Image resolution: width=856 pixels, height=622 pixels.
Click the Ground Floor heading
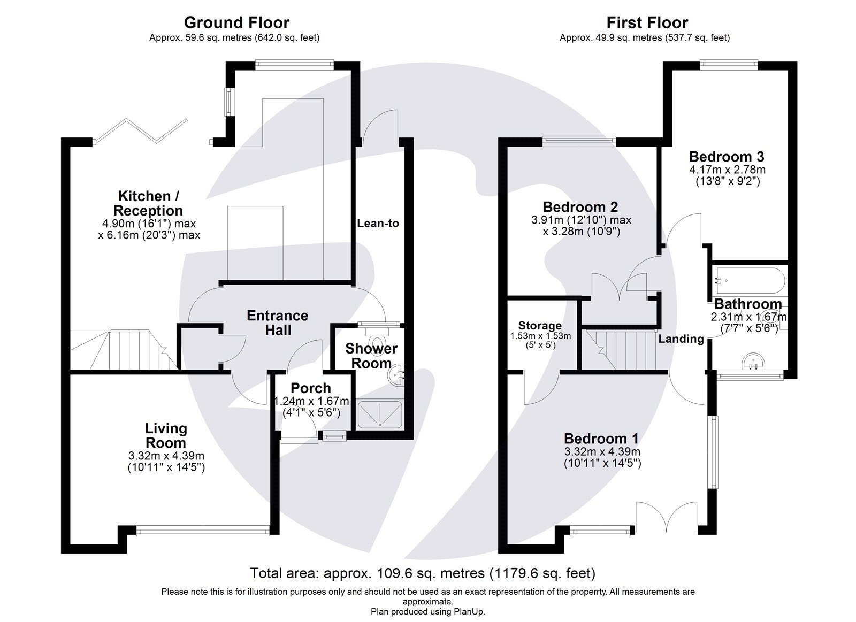236,22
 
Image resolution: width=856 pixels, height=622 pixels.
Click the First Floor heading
647,22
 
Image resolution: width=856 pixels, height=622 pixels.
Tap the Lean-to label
378,223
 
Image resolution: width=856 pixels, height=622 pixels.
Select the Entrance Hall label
277,322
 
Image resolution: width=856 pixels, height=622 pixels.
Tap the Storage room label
540,326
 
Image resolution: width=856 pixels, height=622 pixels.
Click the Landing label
681,339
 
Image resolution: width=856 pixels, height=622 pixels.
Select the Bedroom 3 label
726,157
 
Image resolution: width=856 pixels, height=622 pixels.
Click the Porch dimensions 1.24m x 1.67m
311,401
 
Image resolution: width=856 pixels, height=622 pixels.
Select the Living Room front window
202,531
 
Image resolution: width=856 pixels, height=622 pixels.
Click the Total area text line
423,573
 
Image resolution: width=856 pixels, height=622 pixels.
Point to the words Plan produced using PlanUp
427,611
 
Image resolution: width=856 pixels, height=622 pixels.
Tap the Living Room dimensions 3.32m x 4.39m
166,456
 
